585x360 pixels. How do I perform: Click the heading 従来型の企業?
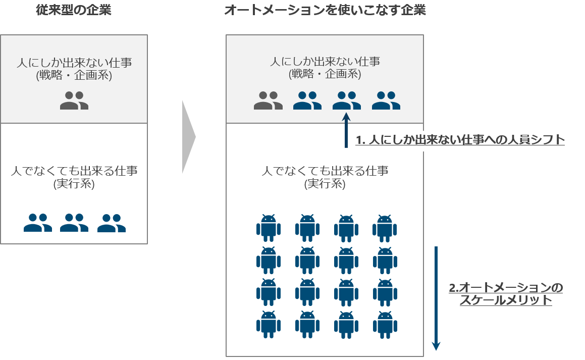tap(74, 10)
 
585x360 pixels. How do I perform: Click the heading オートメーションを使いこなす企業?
tap(325, 10)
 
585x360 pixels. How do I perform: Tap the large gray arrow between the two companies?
tap(188, 136)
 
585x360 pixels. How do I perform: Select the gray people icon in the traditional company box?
tap(74, 100)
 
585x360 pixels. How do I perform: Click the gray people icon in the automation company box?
tap(268, 100)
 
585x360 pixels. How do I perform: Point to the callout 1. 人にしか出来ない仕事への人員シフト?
tap(460, 140)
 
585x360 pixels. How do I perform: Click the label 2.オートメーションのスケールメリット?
tap(505, 294)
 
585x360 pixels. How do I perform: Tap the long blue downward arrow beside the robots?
tap(436, 298)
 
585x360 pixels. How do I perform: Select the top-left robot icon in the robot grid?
tap(268, 228)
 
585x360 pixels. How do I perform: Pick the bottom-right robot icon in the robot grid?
tap(385, 324)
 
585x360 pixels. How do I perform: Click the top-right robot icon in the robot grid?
tap(385, 228)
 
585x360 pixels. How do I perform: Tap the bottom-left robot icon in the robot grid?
tap(268, 324)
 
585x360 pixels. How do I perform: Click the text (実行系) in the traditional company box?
tap(74, 184)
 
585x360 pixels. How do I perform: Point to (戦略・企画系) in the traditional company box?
tap(74, 76)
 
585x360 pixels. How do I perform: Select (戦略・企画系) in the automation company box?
tap(325, 74)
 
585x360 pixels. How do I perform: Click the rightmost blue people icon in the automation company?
tap(386, 100)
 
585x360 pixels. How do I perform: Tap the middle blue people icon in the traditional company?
tap(74, 223)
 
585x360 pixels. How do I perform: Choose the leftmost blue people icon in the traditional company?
tap(38, 223)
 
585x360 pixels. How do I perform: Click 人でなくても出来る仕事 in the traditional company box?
tap(74, 171)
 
